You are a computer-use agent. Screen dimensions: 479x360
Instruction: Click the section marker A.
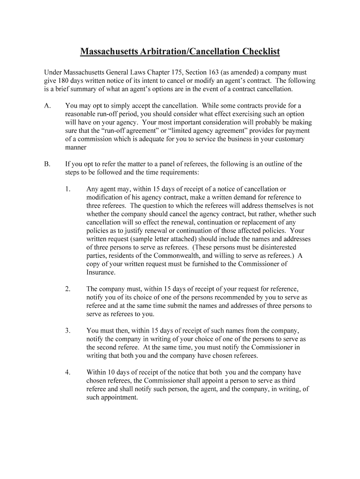tap(47, 106)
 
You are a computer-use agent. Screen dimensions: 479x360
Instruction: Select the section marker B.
tap(47, 164)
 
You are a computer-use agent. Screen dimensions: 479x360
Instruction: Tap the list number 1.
tap(68, 189)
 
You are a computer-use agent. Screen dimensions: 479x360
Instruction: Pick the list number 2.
tap(68, 289)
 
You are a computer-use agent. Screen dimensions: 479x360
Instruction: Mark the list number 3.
tap(68, 330)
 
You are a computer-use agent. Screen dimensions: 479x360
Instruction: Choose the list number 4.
tap(68, 372)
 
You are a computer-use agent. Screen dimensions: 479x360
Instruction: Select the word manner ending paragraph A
tap(76, 147)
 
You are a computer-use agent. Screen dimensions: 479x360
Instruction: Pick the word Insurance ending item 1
tap(101, 272)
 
